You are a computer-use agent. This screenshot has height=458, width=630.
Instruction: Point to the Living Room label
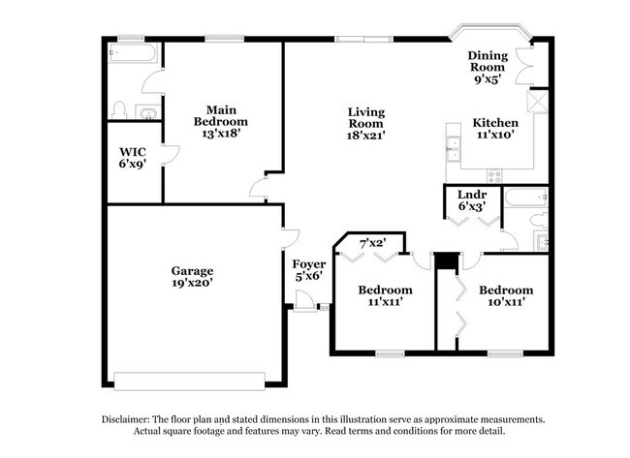point(366,123)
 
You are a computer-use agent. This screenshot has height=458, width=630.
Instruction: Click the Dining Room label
point(488,68)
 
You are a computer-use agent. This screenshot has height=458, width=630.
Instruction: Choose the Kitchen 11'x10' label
point(494,130)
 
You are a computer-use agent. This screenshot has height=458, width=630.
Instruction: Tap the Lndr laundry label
point(472,201)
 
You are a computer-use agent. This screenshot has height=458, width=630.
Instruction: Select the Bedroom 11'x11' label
point(385,295)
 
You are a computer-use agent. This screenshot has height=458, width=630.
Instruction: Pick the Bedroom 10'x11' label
point(506,295)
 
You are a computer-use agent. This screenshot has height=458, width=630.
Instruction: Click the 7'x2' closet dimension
point(373,242)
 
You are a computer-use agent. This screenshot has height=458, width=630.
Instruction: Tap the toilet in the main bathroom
point(119,109)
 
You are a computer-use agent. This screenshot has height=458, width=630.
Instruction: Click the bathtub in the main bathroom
point(130,53)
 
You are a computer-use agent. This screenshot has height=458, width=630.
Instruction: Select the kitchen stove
point(494,175)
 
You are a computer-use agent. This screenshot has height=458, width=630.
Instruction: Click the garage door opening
point(190,379)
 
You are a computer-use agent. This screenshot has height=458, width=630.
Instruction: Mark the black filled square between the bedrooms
point(446,261)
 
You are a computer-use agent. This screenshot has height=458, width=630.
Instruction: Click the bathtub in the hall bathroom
point(524,198)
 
